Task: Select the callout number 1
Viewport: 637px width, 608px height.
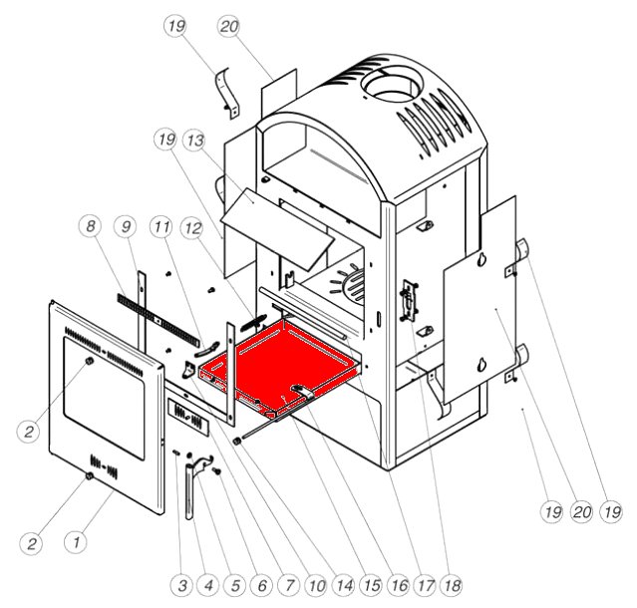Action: (x=74, y=542)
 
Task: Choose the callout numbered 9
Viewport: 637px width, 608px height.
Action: (x=126, y=226)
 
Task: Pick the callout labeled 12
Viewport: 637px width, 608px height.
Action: (x=192, y=226)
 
